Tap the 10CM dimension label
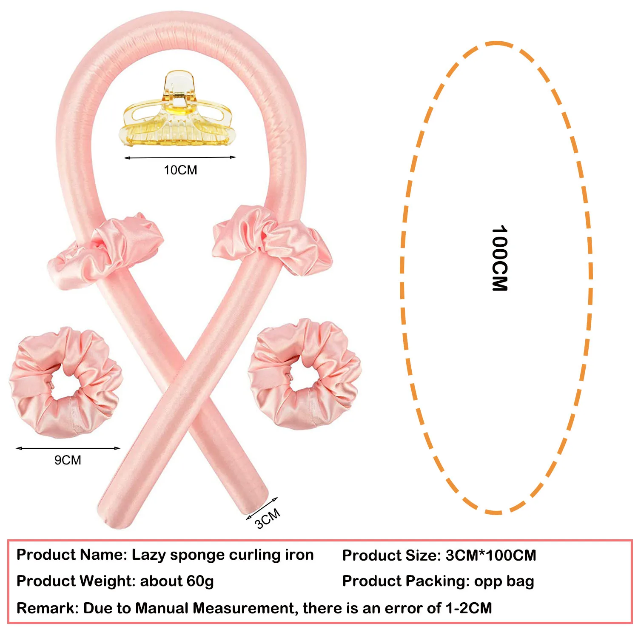[x=180, y=170]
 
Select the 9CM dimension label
[x=68, y=460]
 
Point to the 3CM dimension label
[x=268, y=518]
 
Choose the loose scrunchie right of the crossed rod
[x=305, y=373]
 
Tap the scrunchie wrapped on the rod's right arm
[x=272, y=238]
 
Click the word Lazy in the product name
[x=148, y=555]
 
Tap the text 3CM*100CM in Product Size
[x=491, y=555]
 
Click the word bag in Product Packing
[x=519, y=581]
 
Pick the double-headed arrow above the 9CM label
[x=68, y=448]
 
